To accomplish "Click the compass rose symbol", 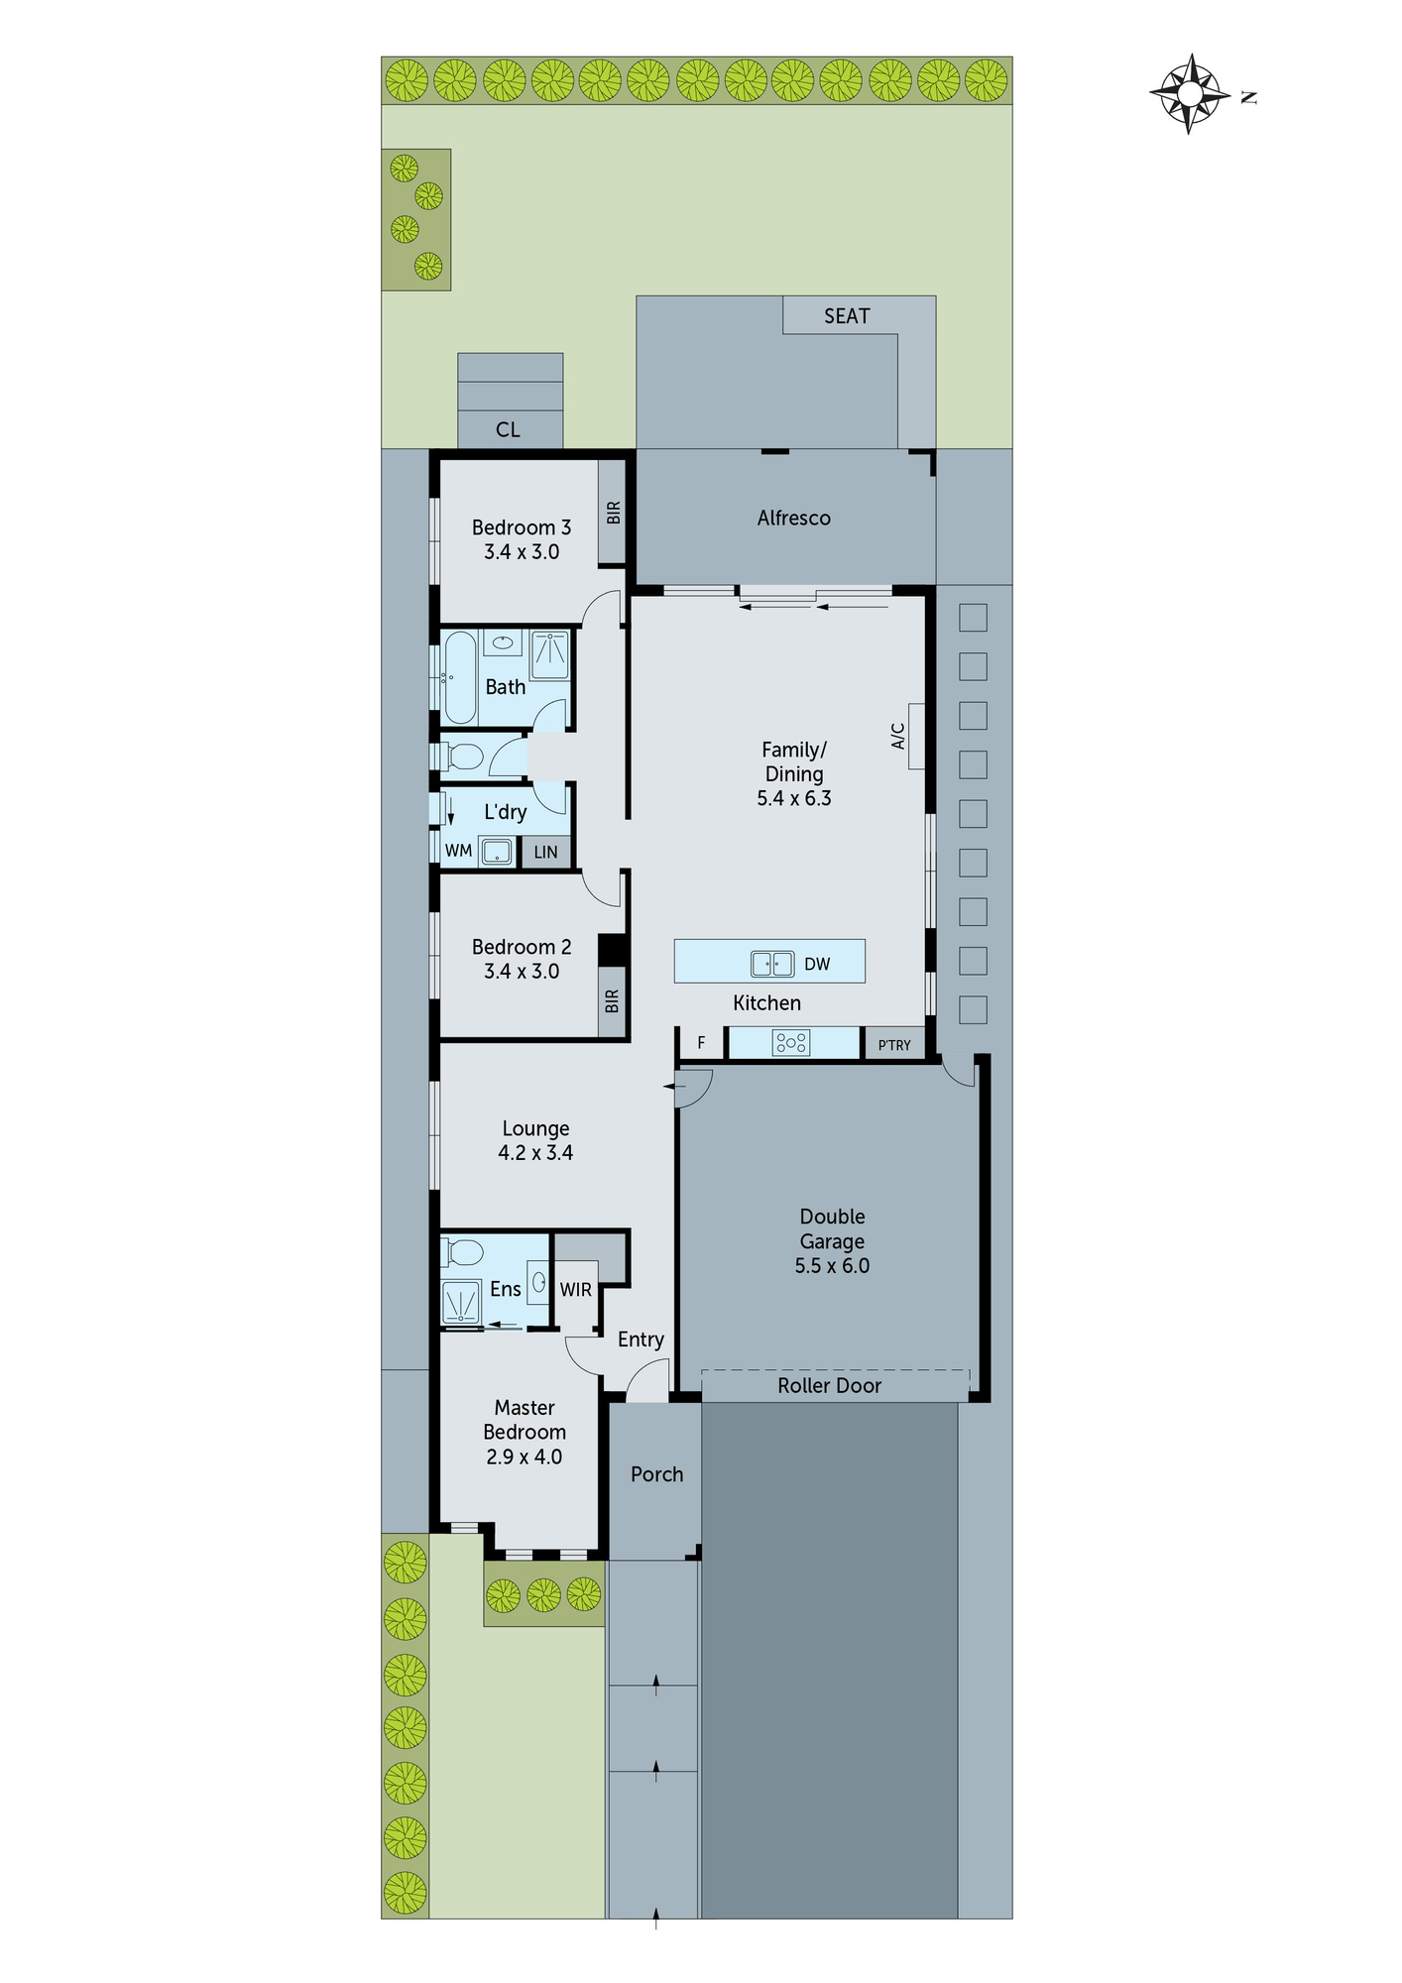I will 1190,94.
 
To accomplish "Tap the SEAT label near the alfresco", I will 846,316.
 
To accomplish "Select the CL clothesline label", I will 508,430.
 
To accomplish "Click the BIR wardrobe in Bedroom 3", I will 613,512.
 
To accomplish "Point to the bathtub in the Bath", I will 460,677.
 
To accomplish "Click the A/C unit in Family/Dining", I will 915,736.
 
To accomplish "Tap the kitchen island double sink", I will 771,963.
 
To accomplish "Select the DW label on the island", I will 817,964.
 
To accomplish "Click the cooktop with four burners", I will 790,1042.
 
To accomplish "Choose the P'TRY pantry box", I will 894,1044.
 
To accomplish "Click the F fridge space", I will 701,1043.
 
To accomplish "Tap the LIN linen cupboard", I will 545,852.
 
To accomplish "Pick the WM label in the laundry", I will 458,851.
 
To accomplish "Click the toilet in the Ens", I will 464,1252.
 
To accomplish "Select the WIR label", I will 575,1290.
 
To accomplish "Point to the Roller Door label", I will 829,1386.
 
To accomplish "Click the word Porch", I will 656,1474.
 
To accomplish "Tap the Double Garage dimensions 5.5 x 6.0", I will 832,1266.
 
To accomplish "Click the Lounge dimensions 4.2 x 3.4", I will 535,1153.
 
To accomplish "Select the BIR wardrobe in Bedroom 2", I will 612,1001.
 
